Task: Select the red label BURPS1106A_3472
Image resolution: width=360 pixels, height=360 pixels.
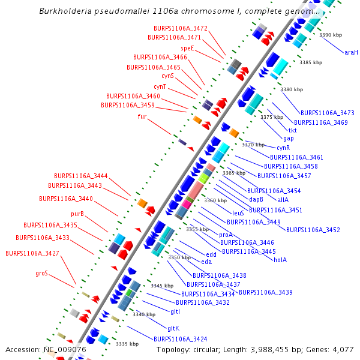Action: point(181,28)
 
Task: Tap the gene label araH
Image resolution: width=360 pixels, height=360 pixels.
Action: point(351,52)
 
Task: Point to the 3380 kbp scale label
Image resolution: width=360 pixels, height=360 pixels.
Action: point(292,89)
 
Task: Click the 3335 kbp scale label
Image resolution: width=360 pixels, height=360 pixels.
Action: point(127,344)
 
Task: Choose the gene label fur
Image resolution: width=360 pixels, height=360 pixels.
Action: point(142,116)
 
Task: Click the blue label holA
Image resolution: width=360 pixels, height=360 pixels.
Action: point(280,260)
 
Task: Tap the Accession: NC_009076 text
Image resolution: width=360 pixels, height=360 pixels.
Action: point(46,349)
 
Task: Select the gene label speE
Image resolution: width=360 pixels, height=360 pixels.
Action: point(188,47)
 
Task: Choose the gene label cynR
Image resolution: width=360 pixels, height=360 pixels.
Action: point(283,148)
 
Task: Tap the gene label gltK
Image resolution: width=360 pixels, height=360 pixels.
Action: point(173,328)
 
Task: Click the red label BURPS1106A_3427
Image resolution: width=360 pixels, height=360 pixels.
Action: point(32,253)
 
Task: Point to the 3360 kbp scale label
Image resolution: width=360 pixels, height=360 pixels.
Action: point(215,200)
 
